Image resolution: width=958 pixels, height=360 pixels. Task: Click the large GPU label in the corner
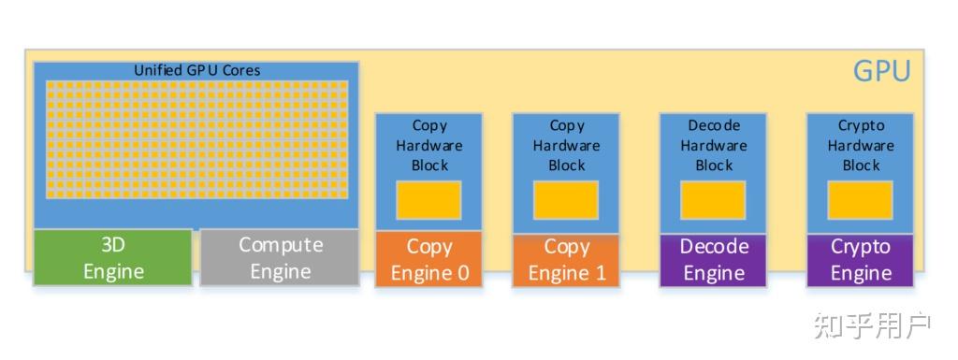pyautogui.click(x=881, y=72)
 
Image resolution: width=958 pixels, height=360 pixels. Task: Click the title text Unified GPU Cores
pyautogui.click(x=196, y=70)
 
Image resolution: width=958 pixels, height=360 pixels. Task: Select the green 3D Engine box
pyautogui.click(x=113, y=258)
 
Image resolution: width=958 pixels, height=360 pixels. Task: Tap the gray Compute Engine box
pyautogui.click(x=280, y=258)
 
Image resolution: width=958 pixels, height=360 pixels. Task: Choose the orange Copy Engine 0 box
pyautogui.click(x=428, y=260)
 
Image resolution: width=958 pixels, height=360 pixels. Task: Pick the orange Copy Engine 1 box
pyautogui.click(x=566, y=260)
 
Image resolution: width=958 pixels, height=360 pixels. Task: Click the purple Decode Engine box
pyautogui.click(x=713, y=260)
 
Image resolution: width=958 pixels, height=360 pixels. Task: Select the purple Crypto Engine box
pyautogui.click(x=860, y=260)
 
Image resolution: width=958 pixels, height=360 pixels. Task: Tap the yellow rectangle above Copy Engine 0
pyautogui.click(x=428, y=200)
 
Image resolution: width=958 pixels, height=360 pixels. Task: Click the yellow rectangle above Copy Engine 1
pyautogui.click(x=566, y=200)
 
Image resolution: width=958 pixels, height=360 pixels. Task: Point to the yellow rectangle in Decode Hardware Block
pyautogui.click(x=713, y=200)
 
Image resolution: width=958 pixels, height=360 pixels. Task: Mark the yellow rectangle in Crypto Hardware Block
pyautogui.click(x=860, y=200)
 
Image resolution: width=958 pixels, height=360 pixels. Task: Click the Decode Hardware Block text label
pyautogui.click(x=713, y=145)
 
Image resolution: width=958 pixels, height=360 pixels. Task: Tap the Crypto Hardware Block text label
pyautogui.click(x=860, y=145)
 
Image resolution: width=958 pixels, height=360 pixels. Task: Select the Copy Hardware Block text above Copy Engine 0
pyautogui.click(x=428, y=145)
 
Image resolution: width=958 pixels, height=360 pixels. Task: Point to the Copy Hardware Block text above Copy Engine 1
pyautogui.click(x=566, y=145)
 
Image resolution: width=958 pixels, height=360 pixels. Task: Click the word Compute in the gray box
pyautogui.click(x=280, y=245)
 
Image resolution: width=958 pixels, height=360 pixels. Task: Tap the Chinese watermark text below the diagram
pyautogui.click(x=871, y=325)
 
